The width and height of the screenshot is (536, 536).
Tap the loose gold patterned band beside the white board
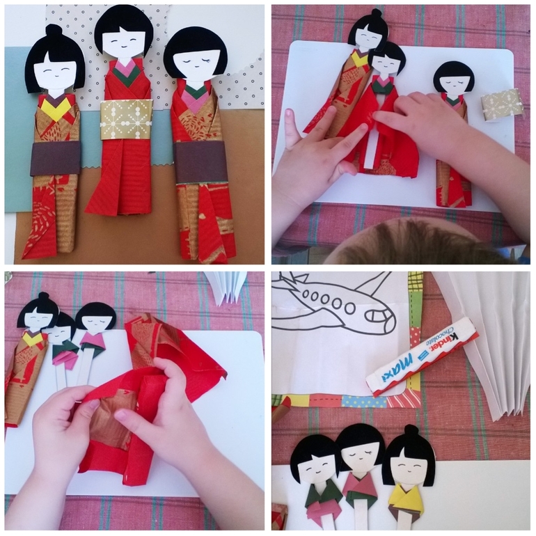click(497, 103)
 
